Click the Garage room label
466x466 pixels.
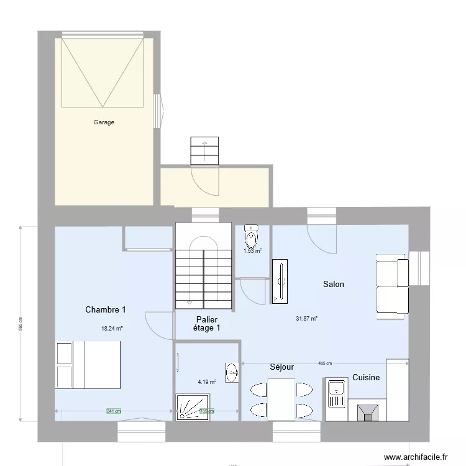coord(104,122)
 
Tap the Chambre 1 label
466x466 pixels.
coord(106,309)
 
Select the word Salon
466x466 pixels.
coord(333,284)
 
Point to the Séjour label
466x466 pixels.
coord(281,367)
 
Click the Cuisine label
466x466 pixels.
coord(366,377)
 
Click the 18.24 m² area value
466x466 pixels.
coord(112,329)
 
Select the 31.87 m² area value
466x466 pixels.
coord(307,319)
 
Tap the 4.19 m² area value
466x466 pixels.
coord(207,382)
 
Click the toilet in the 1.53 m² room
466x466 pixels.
coord(251,235)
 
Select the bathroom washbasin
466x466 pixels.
coord(232,373)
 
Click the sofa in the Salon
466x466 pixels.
coord(392,286)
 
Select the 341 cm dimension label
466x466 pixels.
coord(114,411)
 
